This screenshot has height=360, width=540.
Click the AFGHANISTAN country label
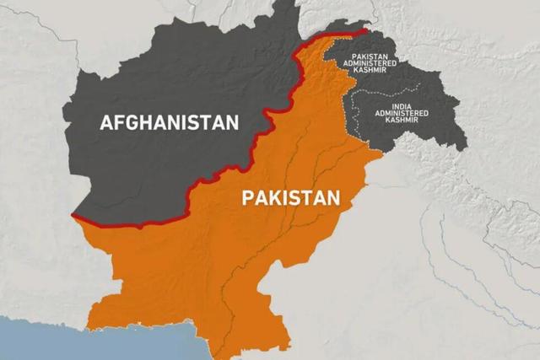coord(170,122)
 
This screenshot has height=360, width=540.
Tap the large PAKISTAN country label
coord(291,199)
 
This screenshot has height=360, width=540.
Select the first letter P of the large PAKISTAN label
coord(247,199)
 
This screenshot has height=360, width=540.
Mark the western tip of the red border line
coord(73,217)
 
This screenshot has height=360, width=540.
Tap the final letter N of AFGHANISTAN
coord(232,122)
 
